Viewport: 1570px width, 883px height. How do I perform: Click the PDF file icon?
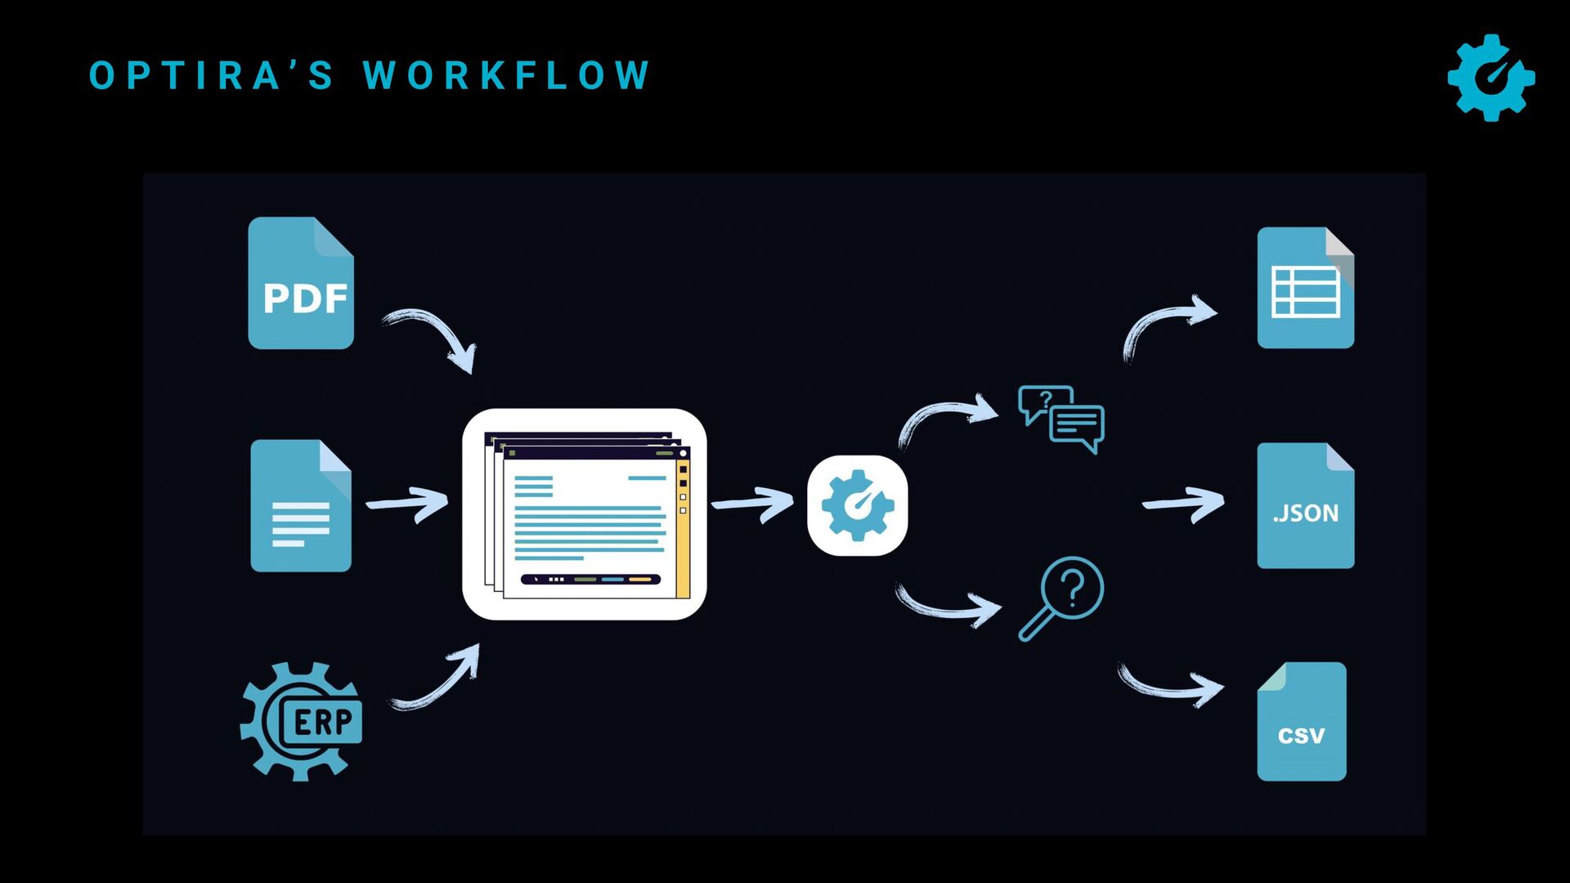(x=301, y=284)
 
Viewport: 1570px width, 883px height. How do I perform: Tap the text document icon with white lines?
(x=301, y=506)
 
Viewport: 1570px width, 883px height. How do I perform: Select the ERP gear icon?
(x=301, y=721)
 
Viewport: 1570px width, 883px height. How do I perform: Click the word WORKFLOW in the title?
(x=507, y=75)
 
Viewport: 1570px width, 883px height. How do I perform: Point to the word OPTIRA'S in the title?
(x=212, y=75)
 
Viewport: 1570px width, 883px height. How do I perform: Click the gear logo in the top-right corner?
(x=1491, y=78)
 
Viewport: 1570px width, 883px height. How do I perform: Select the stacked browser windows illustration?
(x=585, y=514)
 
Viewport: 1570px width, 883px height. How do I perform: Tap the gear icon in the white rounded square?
(x=857, y=505)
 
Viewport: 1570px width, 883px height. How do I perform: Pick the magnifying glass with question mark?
(x=1061, y=598)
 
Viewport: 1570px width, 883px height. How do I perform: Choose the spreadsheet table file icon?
(x=1305, y=289)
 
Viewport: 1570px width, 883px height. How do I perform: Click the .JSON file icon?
(x=1305, y=506)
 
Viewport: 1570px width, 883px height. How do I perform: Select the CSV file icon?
(x=1301, y=722)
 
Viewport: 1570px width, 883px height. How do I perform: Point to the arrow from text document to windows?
(x=407, y=504)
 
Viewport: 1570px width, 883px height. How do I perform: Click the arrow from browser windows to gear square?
(x=752, y=504)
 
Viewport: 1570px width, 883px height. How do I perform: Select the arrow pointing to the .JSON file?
(x=1183, y=504)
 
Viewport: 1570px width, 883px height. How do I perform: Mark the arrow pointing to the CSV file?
(x=1170, y=685)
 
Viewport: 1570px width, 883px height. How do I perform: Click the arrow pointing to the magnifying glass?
(x=949, y=605)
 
